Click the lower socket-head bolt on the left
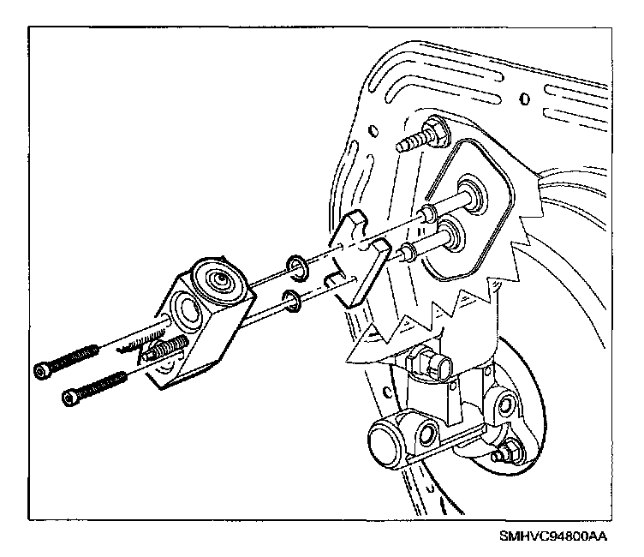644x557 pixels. click(x=92, y=388)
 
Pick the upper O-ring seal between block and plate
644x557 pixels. click(x=296, y=267)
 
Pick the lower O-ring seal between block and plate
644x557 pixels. click(x=292, y=300)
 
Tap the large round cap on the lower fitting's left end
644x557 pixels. click(x=384, y=445)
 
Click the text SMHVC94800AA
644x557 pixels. click(x=554, y=537)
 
